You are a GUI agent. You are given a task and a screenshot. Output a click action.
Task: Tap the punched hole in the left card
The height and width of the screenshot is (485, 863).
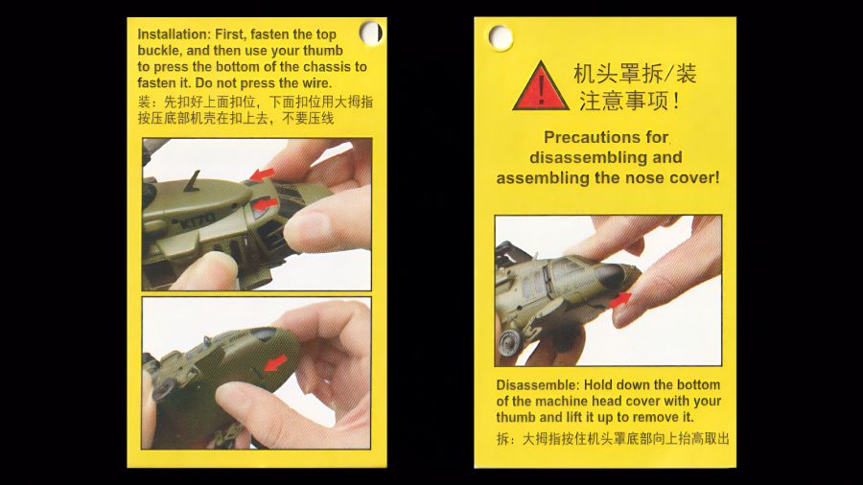[370, 33]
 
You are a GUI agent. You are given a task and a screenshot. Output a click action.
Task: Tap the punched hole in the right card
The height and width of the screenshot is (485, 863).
[500, 37]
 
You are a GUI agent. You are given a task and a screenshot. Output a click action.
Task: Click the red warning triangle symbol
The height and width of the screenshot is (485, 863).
[540, 87]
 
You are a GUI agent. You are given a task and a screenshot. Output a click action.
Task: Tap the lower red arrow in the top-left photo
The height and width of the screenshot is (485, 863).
[266, 204]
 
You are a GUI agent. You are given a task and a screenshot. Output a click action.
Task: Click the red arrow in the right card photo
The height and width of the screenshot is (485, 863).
[621, 299]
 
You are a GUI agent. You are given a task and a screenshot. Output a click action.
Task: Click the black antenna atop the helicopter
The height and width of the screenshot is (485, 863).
[196, 178]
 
